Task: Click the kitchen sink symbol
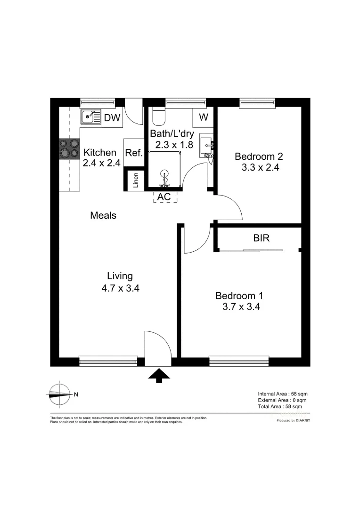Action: (x=90, y=116)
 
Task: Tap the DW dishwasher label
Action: (x=112, y=118)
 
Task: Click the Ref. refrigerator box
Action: (x=134, y=153)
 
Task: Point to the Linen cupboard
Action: (x=136, y=180)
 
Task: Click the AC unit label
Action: (x=164, y=197)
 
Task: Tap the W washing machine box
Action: (x=204, y=118)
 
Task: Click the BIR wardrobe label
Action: (x=262, y=238)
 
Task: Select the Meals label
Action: (x=103, y=215)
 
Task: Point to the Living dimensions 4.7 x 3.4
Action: (x=120, y=288)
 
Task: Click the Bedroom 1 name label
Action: (x=239, y=296)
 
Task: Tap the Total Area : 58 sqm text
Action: (x=280, y=406)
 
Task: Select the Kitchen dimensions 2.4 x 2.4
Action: (x=101, y=163)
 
